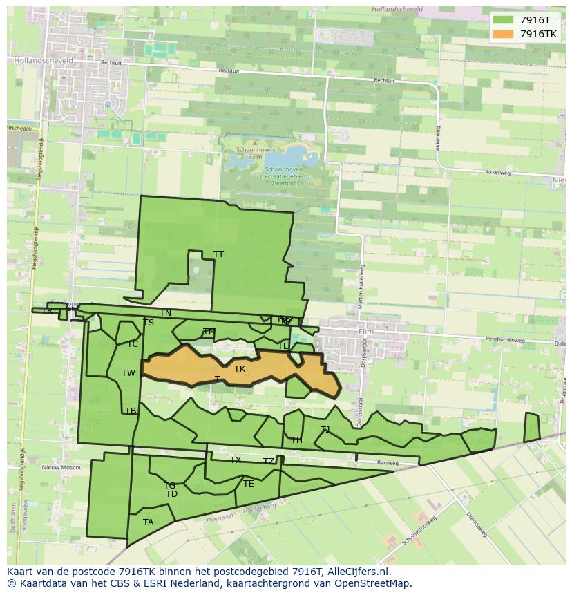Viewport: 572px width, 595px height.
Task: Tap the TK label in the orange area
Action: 240,369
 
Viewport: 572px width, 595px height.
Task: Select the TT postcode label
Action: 218,254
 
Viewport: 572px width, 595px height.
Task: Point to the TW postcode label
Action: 128,373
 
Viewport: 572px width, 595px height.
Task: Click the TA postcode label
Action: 148,522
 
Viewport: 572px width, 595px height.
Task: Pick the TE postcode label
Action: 248,484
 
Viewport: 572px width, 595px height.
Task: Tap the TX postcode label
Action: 236,460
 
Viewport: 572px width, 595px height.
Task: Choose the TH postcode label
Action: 296,440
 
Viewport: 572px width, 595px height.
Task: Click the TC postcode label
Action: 133,344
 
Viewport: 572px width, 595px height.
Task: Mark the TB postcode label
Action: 130,411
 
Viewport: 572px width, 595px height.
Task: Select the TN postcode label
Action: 166,313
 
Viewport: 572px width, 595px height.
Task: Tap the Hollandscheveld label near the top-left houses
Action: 39,61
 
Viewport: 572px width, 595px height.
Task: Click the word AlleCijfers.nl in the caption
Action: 360,572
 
